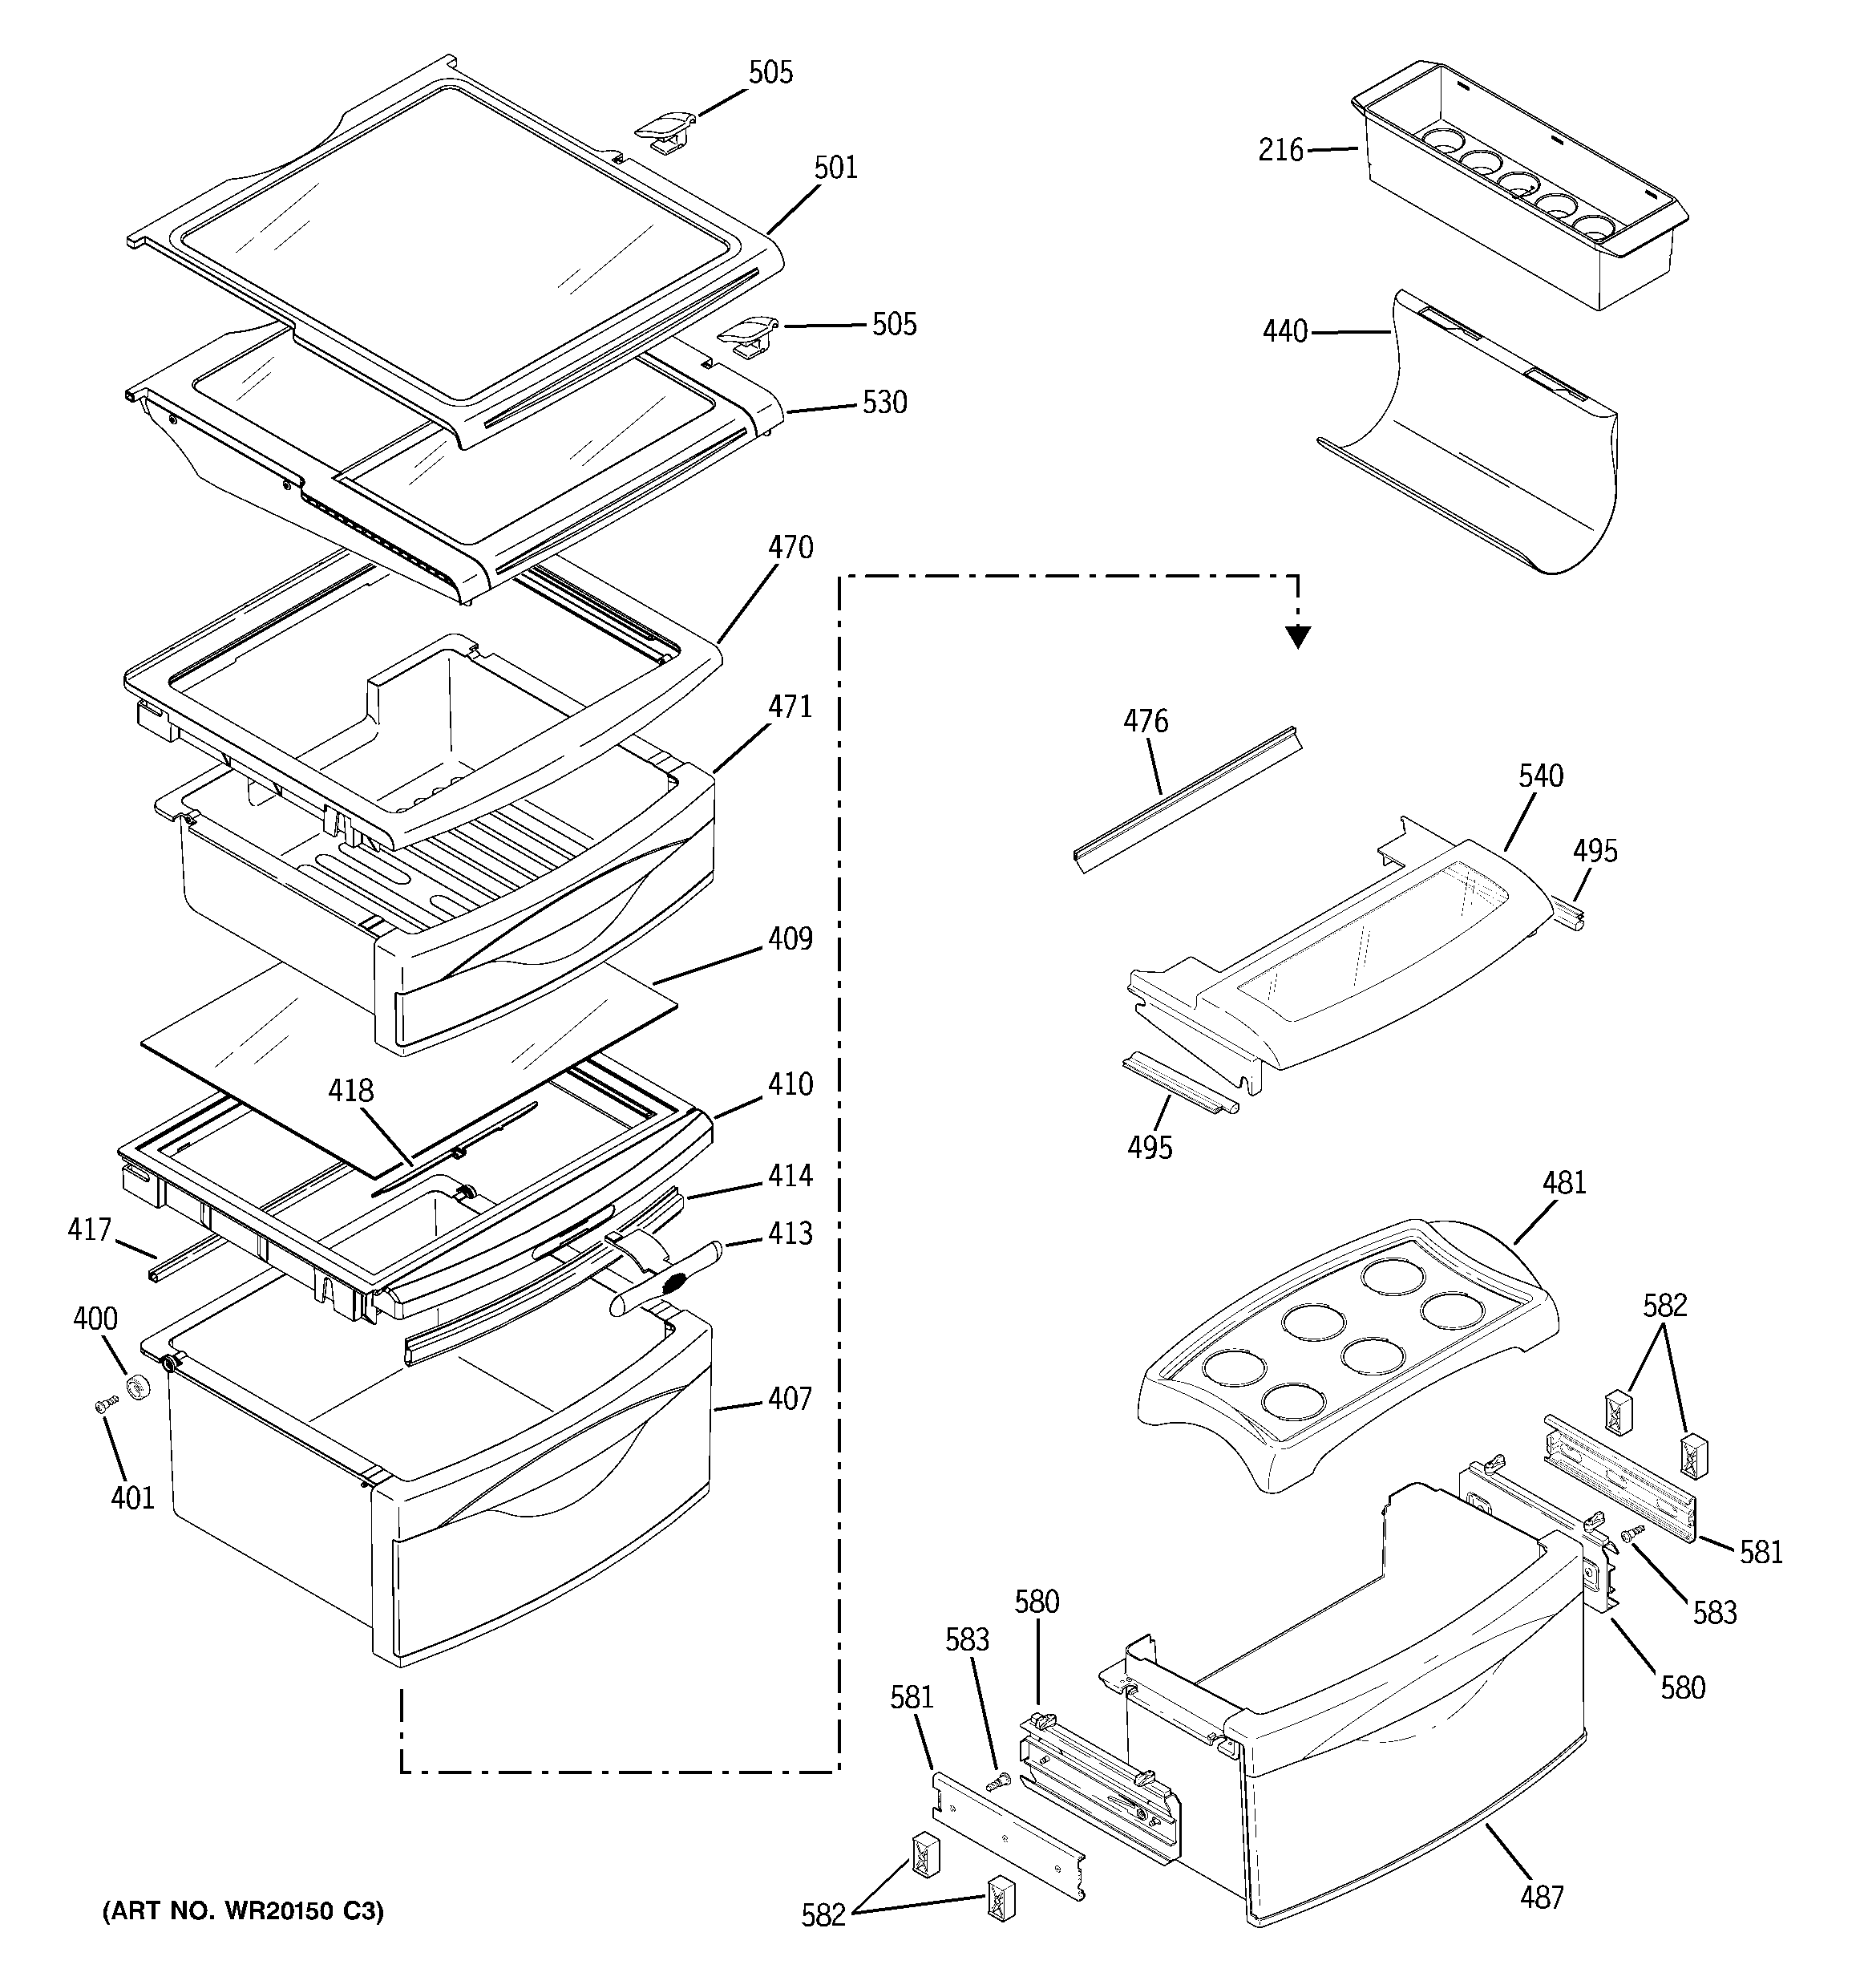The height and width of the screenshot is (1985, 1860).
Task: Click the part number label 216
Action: click(x=1281, y=151)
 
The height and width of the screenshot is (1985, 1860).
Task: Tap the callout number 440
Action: click(x=1285, y=331)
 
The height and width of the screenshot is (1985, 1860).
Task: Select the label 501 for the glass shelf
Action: click(x=835, y=168)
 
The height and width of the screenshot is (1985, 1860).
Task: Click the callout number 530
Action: click(x=884, y=403)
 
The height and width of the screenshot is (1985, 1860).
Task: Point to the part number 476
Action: click(x=1145, y=721)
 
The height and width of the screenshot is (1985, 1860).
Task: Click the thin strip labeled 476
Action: click(x=1188, y=799)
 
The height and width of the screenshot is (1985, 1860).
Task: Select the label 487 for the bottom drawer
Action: click(x=1542, y=1897)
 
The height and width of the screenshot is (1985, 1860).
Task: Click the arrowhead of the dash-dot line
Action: click(x=1297, y=636)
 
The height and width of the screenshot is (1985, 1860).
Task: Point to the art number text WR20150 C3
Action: click(x=243, y=1911)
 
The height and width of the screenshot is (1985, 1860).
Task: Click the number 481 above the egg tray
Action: click(x=1563, y=1183)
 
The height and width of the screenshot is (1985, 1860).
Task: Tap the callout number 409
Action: click(x=790, y=938)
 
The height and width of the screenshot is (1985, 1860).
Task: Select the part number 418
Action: click(x=350, y=1091)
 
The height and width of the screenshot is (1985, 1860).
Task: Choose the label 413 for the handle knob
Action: click(x=790, y=1234)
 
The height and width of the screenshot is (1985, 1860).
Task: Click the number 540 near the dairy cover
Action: click(x=1541, y=776)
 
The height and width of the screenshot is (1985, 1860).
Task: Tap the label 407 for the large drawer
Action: click(x=790, y=1399)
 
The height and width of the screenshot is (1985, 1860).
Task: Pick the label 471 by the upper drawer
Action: click(x=790, y=707)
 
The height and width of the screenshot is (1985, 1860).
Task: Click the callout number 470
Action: click(x=790, y=547)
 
